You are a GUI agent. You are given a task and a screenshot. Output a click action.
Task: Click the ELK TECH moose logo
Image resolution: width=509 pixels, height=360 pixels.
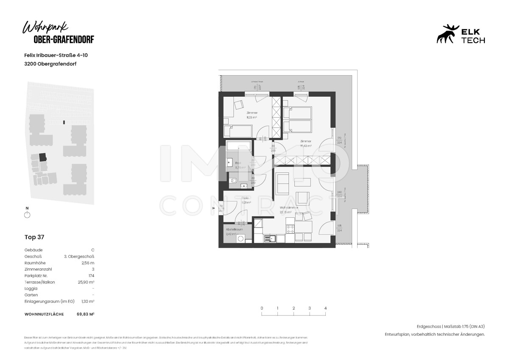pos(448,34)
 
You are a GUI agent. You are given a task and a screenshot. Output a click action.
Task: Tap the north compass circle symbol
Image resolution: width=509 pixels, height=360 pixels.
pos(27,215)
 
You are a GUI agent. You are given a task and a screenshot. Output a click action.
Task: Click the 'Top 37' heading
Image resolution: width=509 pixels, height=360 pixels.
pos(34,237)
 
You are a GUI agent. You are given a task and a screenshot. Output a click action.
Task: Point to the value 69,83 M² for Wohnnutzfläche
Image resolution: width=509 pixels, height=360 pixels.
pos(85,314)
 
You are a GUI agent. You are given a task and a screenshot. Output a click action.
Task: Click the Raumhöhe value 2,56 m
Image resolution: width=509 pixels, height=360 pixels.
pos(88,263)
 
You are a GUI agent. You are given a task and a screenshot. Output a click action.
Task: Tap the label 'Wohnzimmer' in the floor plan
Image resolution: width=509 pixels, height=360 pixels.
pos(289,208)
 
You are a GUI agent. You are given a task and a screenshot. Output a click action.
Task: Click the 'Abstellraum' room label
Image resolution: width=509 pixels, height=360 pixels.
pos(234,229)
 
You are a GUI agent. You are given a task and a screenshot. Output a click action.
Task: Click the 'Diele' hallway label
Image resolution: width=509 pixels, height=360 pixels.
pos(245,198)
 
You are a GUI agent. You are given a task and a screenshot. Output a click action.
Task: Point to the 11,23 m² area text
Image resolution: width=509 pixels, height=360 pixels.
pos(252,117)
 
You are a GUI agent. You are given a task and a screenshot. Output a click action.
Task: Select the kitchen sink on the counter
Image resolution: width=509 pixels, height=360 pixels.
pos(269,239)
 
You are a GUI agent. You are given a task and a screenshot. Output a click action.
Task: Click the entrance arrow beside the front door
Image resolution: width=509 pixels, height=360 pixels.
pos(214,208)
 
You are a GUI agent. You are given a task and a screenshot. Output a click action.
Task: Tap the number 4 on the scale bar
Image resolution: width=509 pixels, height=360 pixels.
pos(325,308)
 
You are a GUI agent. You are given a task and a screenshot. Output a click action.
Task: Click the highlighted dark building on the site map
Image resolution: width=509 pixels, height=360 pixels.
pos(43,157)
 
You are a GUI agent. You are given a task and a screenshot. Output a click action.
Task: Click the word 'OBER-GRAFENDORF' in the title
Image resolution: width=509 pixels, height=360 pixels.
pos(64,39)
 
